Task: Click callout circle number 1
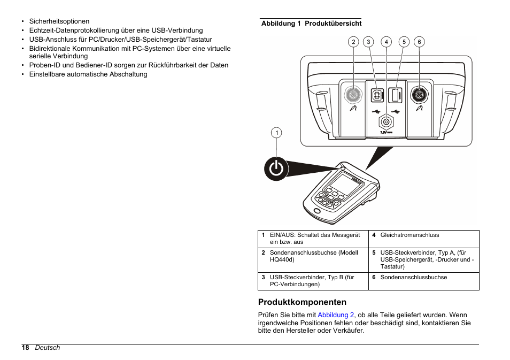(x=276, y=133)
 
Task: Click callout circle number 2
(x=353, y=42)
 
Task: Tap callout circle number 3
(x=368, y=42)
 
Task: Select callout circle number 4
(x=386, y=42)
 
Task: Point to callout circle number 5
(x=404, y=42)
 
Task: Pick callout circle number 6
(x=419, y=42)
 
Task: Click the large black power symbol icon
(x=276, y=169)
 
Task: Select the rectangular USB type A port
(x=396, y=95)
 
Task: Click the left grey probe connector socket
(x=353, y=95)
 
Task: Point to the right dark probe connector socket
(x=419, y=95)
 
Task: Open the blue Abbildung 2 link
(x=336, y=315)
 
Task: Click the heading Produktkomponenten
(x=302, y=302)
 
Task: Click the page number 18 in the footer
(x=25, y=348)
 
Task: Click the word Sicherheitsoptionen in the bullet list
(x=59, y=21)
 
